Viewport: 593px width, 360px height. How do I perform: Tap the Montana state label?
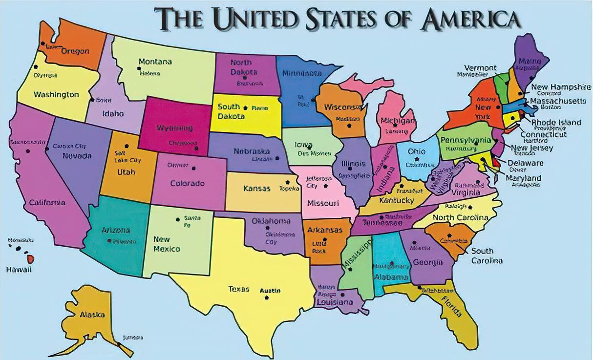click(155, 62)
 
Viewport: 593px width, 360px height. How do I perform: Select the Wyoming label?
click(174, 128)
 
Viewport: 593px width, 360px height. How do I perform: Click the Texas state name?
click(239, 289)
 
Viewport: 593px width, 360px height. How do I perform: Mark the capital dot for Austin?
click(267, 297)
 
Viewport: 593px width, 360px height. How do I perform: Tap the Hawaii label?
click(19, 270)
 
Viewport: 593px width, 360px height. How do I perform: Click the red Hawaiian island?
click(30, 258)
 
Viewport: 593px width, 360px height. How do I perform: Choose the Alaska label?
click(92, 315)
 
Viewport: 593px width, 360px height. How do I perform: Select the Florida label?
click(452, 306)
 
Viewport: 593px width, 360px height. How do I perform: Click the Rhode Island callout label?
click(556, 123)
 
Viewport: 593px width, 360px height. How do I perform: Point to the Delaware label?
click(526, 163)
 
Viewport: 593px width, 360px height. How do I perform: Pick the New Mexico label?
click(167, 244)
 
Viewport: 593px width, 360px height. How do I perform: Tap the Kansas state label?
click(257, 189)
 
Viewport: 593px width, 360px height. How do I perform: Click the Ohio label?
click(417, 151)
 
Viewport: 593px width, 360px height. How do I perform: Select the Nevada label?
click(77, 156)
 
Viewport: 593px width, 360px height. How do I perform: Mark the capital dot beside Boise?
click(92, 100)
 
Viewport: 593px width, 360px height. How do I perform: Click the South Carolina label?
click(487, 256)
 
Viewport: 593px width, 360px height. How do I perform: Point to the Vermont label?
click(480, 68)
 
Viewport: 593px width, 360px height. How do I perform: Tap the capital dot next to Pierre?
click(245, 107)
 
